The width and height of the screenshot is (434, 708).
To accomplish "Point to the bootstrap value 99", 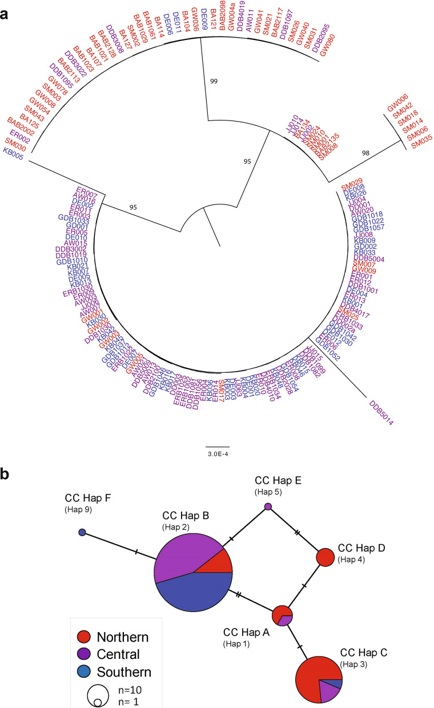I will coord(214,82).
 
